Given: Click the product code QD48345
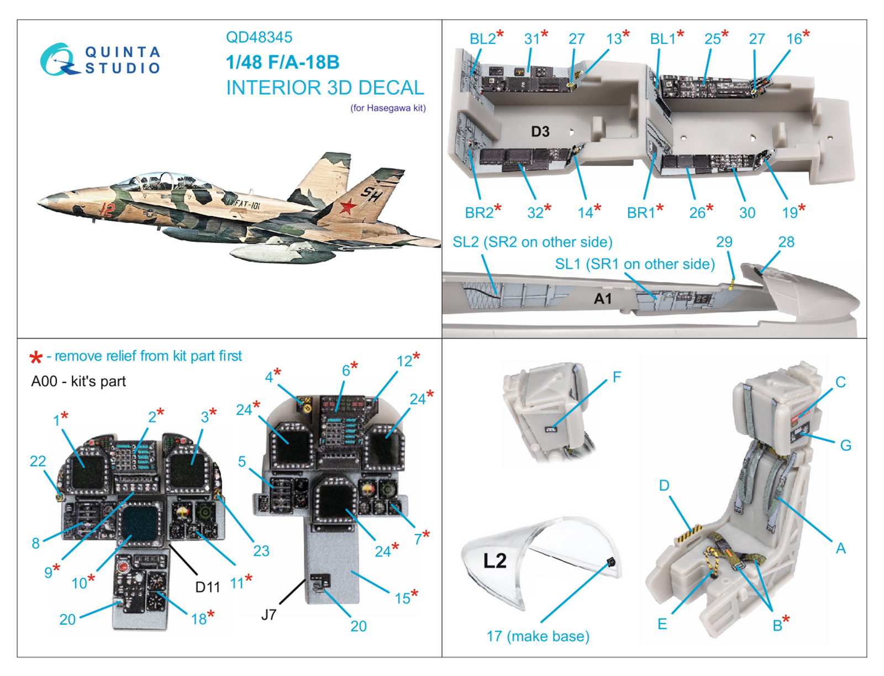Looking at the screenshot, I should pyautogui.click(x=259, y=38).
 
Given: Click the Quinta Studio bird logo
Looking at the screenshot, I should pyautogui.click(x=58, y=60).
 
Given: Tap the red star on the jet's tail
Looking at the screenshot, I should pyautogui.click(x=348, y=207).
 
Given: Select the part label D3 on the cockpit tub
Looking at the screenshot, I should pyautogui.click(x=540, y=132).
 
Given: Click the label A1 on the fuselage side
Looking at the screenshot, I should pyautogui.click(x=602, y=299).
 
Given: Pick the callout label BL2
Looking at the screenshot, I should pyautogui.click(x=482, y=39).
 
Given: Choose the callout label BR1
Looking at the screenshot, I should pyautogui.click(x=641, y=212).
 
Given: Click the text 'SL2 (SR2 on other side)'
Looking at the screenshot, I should pyautogui.click(x=532, y=242).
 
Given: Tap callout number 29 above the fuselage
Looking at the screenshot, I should pyautogui.click(x=724, y=242).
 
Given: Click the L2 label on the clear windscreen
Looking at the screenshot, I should pyautogui.click(x=494, y=561).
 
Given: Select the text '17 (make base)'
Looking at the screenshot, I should pyautogui.click(x=538, y=636).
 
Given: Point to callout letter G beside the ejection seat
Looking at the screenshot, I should pyautogui.click(x=845, y=446).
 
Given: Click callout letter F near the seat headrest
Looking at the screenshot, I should pyautogui.click(x=617, y=377).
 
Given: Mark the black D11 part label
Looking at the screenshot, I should pyautogui.click(x=208, y=587).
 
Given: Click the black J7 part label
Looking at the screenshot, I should pyautogui.click(x=269, y=615).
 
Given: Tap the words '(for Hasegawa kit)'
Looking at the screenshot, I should pyautogui.click(x=388, y=108).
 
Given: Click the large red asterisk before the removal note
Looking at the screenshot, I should pyautogui.click(x=36, y=358).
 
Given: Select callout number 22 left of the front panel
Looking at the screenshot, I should pyautogui.click(x=38, y=461).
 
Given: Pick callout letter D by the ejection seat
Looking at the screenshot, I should pyautogui.click(x=664, y=485).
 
